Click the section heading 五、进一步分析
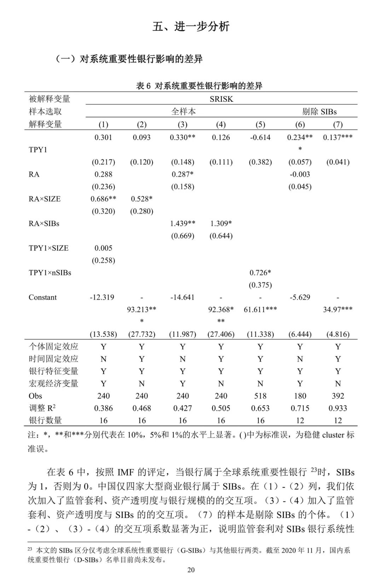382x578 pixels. point(191,27)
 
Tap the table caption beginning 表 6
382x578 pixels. point(199,86)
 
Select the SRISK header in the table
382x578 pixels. point(221,99)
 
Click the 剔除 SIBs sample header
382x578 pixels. point(319,112)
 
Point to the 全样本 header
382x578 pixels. point(183,112)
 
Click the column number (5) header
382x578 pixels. point(260,124)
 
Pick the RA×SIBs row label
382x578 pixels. point(44,223)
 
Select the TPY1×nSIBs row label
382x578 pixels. point(50,273)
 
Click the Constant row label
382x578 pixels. point(42,297)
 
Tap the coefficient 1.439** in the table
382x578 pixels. point(183,223)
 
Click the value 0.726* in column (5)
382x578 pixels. point(260,273)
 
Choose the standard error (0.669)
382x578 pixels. point(183,236)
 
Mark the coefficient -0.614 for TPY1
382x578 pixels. point(260,137)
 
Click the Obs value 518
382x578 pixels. point(260,396)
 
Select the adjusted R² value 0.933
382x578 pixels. point(338,408)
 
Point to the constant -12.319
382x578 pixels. point(102,297)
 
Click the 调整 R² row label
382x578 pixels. point(42,408)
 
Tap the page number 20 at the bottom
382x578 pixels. point(191,569)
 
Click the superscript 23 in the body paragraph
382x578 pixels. point(314,470)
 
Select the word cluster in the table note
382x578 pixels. point(333,435)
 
